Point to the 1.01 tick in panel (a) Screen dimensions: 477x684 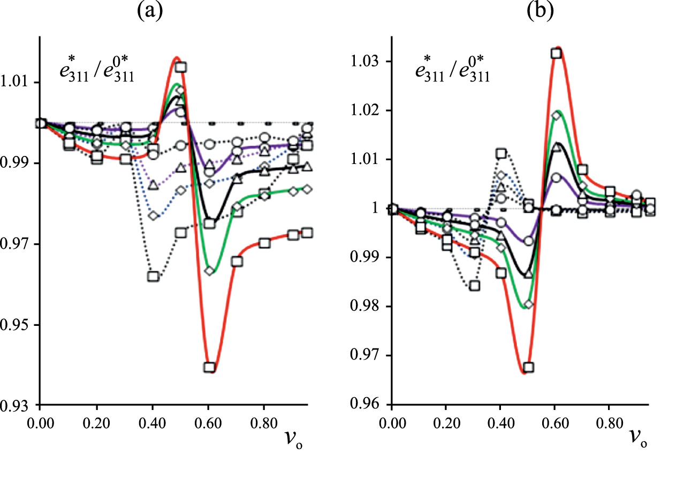click(20, 83)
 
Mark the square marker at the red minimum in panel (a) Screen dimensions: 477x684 click(209, 368)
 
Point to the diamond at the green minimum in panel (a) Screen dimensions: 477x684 click(209, 271)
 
